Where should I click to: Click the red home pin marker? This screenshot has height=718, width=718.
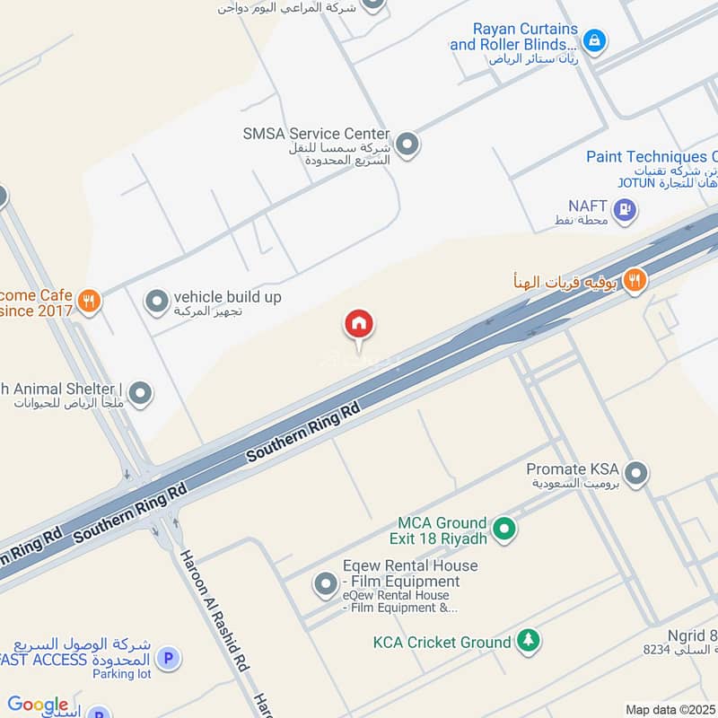click(x=359, y=325)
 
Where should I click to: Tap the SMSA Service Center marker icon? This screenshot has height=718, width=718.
click(x=407, y=144)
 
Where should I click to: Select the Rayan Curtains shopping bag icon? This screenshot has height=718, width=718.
click(x=593, y=40)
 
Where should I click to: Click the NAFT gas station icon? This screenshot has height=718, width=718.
click(x=626, y=211)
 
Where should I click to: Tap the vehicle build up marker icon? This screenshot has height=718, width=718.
click(x=157, y=301)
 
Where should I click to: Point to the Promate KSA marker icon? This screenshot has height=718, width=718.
click(x=636, y=473)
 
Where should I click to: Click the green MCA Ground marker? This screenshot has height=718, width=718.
click(x=504, y=530)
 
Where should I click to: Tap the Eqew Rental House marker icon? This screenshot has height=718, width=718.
click(x=325, y=585)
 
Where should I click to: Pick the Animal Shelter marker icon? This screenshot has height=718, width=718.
click(x=140, y=393)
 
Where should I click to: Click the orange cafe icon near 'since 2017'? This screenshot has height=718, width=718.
click(x=88, y=301)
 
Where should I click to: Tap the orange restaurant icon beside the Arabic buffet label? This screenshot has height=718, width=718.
click(x=635, y=281)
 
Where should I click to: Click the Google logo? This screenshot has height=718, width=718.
click(x=38, y=705)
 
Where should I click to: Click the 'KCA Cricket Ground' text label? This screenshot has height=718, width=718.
click(x=442, y=642)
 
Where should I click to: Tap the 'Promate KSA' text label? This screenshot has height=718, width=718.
click(x=573, y=468)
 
